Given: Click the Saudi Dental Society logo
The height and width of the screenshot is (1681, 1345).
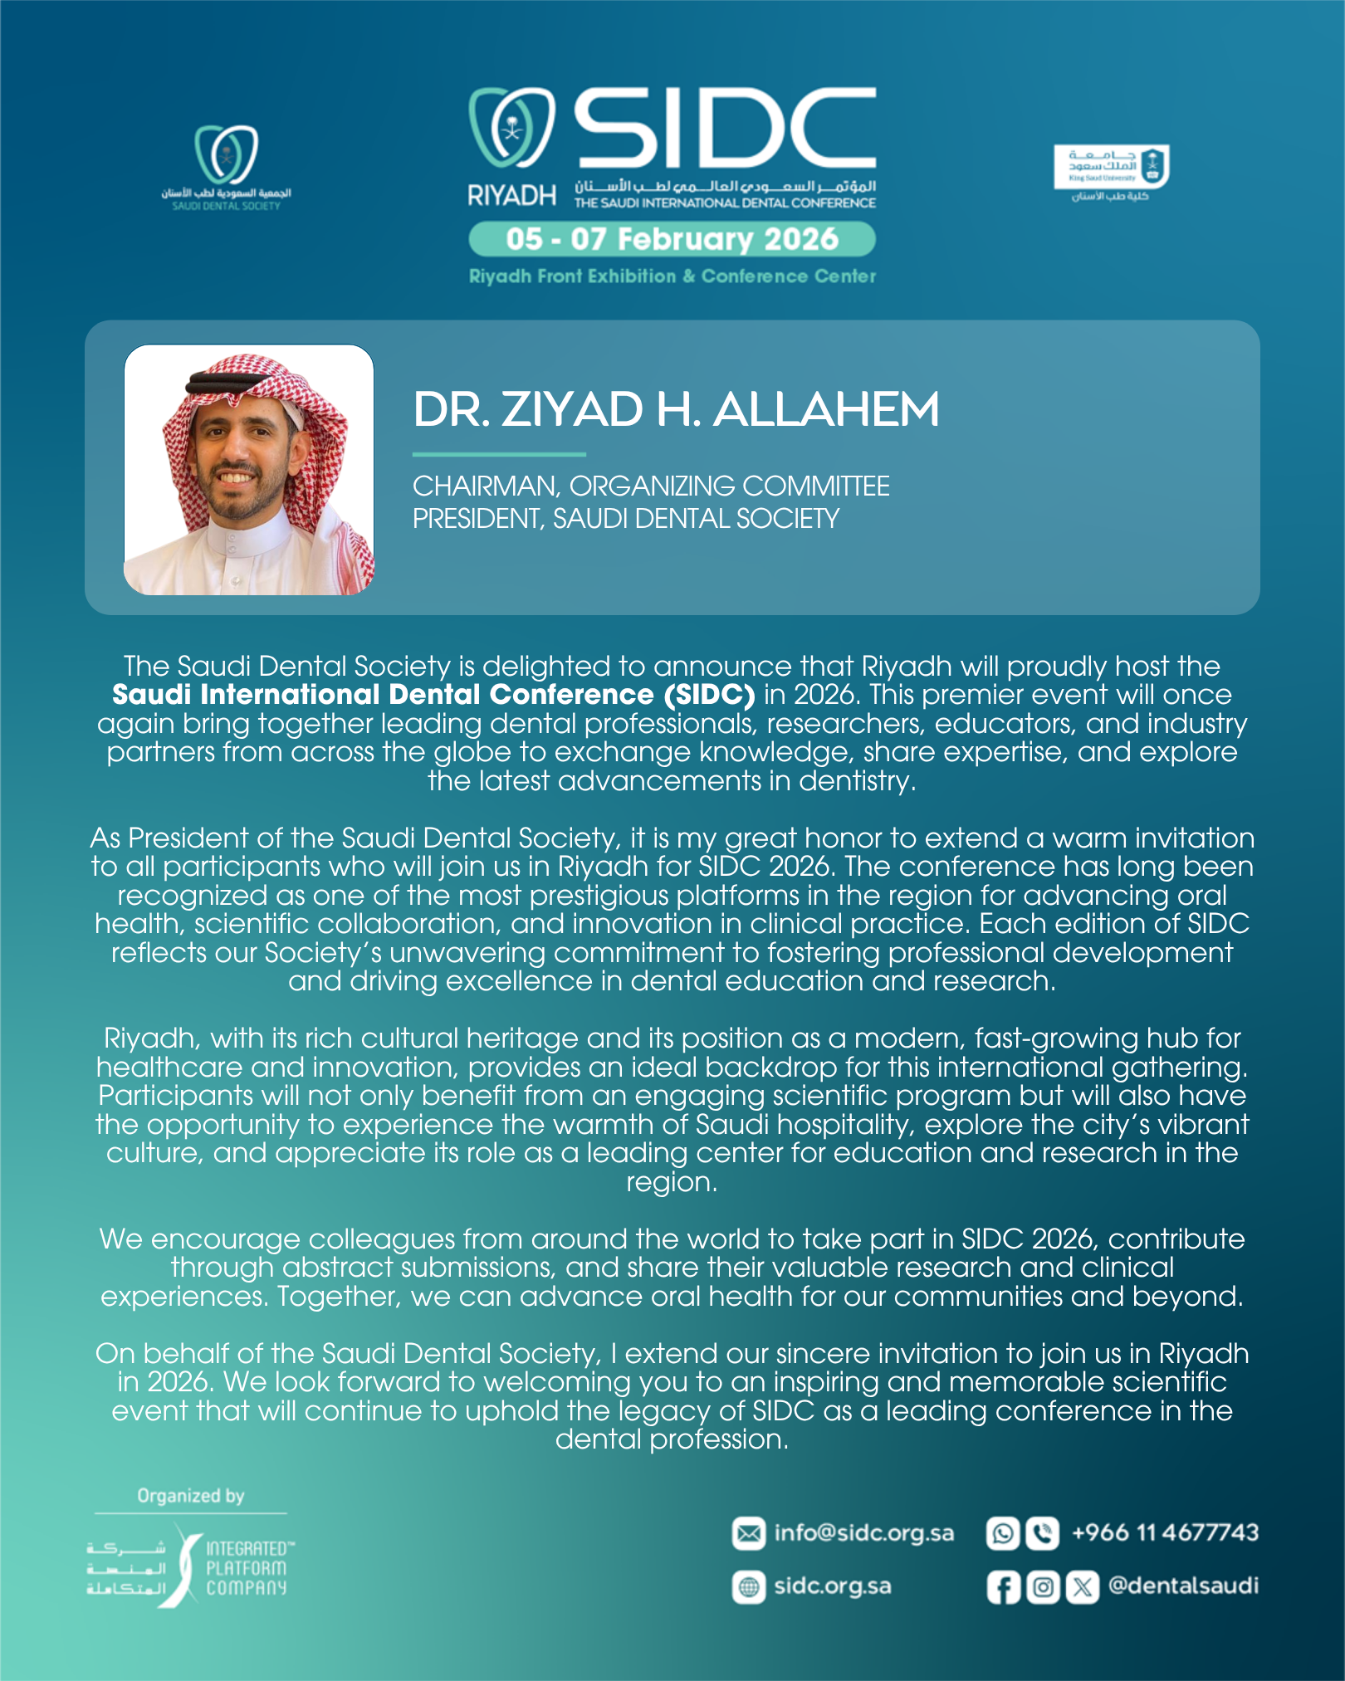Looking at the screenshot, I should tap(226, 167).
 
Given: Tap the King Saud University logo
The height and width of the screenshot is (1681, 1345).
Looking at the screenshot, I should tap(1111, 173).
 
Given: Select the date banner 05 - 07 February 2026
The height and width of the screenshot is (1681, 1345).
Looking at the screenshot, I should tap(672, 239).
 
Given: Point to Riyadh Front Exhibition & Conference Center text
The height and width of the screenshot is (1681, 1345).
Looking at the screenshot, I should tap(672, 276).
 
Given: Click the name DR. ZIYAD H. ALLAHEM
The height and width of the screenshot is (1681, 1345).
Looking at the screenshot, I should tap(676, 410).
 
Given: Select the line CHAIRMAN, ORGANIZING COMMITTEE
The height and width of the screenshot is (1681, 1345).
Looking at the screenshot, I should tap(651, 486).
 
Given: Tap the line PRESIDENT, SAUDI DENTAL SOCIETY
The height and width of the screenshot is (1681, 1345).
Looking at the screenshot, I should tap(625, 519).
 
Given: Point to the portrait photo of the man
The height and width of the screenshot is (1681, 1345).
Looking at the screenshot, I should tap(248, 470).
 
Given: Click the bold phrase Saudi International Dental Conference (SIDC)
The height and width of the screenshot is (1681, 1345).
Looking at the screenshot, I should tap(433, 695).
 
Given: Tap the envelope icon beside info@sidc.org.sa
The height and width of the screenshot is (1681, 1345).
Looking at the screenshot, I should tap(748, 1533).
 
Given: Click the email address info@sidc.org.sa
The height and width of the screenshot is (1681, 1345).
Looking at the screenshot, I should tap(863, 1533).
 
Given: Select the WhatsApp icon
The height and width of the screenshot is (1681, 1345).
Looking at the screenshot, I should tap(1002, 1533).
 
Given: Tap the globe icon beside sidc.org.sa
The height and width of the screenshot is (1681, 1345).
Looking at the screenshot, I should tap(748, 1587).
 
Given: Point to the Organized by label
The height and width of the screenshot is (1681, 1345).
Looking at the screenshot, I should tap(191, 1496).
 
